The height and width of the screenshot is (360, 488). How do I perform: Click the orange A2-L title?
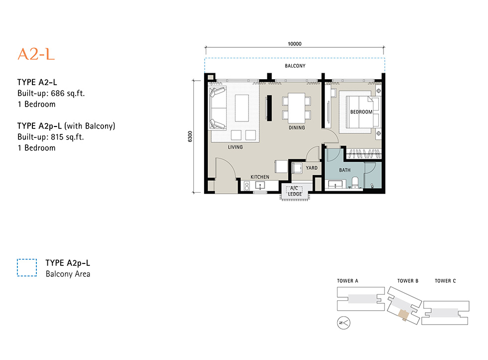(x=36, y=54)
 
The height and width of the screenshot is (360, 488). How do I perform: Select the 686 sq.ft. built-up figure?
(x=68, y=93)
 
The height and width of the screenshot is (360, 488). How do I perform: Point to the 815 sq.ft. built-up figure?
(x=68, y=137)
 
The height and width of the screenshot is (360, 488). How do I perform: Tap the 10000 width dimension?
(x=294, y=44)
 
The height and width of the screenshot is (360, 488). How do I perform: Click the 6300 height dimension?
(x=190, y=136)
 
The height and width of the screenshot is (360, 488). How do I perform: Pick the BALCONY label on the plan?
(x=295, y=66)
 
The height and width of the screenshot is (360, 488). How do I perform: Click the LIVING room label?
(x=235, y=147)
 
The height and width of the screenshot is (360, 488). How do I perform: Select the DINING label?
(x=297, y=127)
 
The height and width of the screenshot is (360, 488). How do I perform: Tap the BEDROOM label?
(x=362, y=112)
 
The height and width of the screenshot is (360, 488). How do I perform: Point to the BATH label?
(x=345, y=170)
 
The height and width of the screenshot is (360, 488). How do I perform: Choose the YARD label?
(x=312, y=168)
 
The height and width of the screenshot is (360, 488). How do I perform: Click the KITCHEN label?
(x=260, y=177)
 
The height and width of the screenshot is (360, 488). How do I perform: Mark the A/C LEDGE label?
(x=294, y=191)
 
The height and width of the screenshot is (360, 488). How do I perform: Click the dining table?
(x=296, y=108)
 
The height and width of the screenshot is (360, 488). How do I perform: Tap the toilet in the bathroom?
(x=355, y=182)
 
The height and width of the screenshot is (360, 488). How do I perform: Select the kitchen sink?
(x=260, y=186)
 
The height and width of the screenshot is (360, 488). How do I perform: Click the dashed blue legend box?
(x=27, y=267)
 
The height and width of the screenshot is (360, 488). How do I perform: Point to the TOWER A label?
(x=348, y=281)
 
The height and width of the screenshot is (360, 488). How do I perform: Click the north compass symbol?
(x=344, y=323)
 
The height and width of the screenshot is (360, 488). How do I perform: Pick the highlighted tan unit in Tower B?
(x=403, y=315)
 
